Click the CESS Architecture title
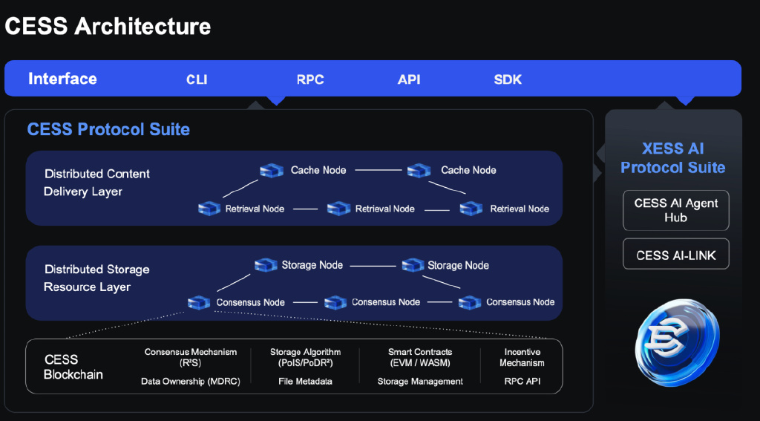pos(108,26)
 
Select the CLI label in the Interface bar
pos(197,79)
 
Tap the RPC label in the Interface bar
pos(310,79)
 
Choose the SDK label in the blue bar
pos(508,79)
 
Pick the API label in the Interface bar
pos(409,79)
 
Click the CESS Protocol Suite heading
pos(108,129)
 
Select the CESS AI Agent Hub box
pos(675,210)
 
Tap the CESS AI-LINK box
pos(675,254)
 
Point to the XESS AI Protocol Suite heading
pos(672,158)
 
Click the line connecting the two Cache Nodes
pos(379,170)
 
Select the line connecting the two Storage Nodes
pos(373,266)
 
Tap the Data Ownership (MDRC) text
pos(191,381)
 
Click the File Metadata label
pos(305,381)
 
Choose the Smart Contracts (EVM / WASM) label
pos(420,357)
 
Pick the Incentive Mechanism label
pos(522,357)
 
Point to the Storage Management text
pos(420,382)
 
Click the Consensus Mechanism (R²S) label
pos(191,357)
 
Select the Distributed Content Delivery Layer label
pos(97,183)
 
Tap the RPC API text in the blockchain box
pos(522,381)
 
